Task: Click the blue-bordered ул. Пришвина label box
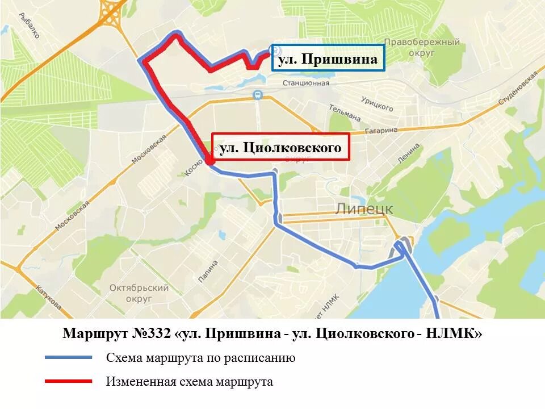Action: coord(328,58)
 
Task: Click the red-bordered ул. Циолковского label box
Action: coord(280,147)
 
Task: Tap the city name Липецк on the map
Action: coord(364,208)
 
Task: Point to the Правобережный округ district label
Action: coord(421,47)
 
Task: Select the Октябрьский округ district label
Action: coord(139,293)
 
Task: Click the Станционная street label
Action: coord(306,83)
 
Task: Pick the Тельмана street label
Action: coord(345,112)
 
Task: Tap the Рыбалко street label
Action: coord(28,26)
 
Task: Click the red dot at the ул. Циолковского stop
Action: coord(209,161)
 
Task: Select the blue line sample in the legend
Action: coord(68,358)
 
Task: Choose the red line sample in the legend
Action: coord(68,381)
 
